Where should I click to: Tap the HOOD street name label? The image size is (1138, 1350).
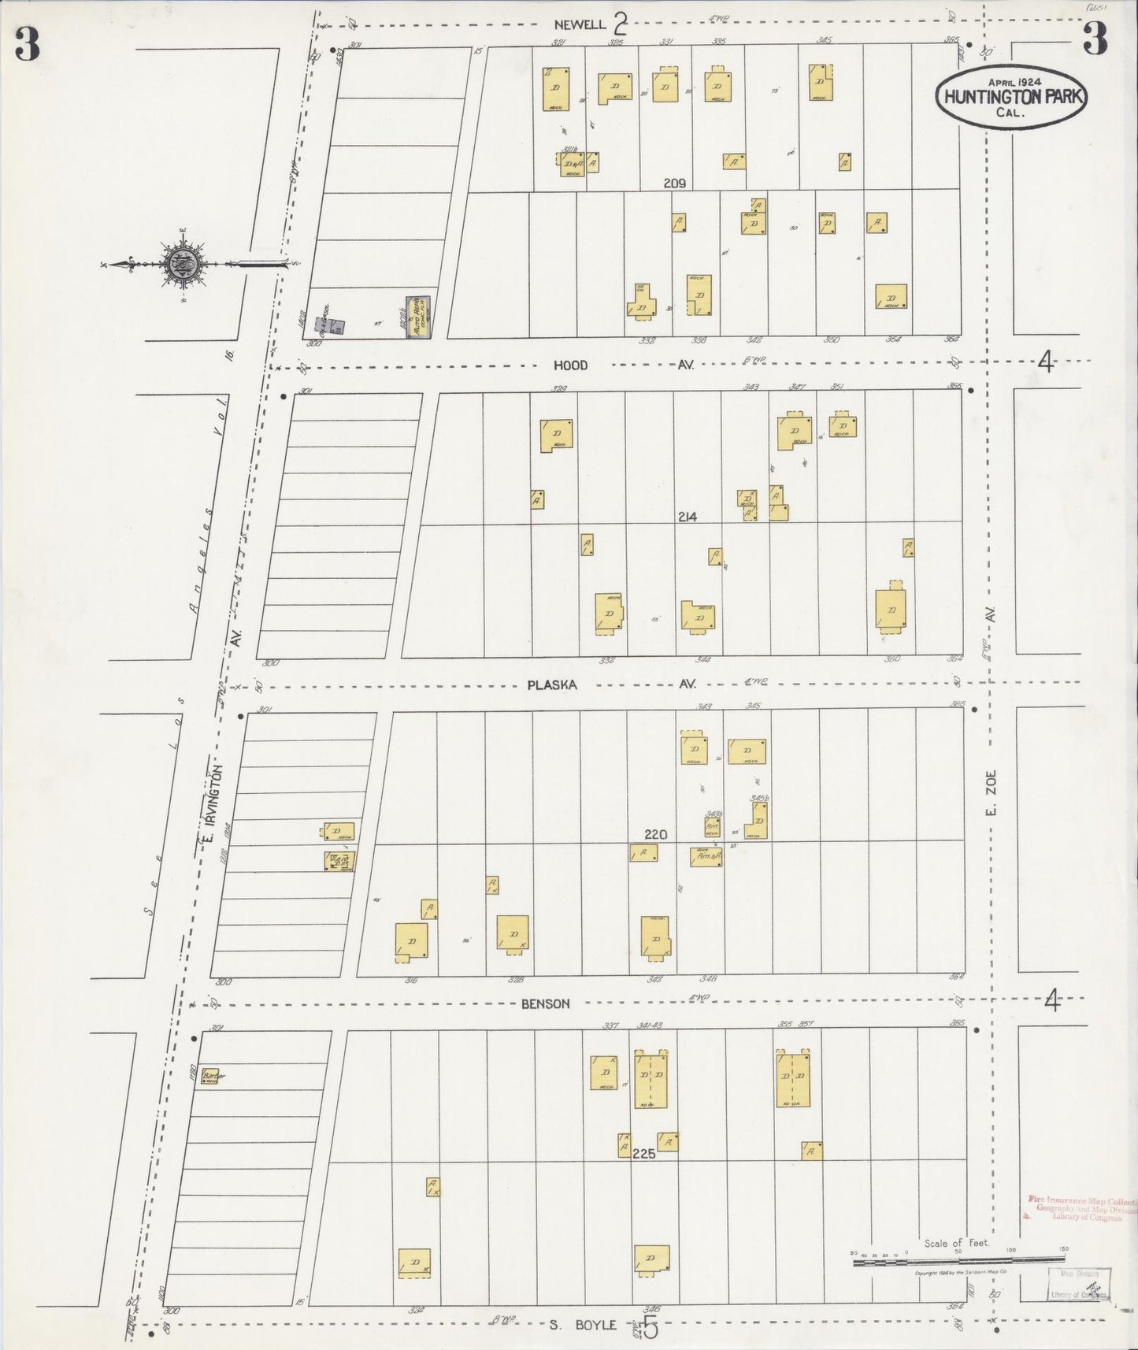tap(571, 365)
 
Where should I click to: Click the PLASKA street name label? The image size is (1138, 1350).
tap(552, 685)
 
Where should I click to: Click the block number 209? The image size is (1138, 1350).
tap(674, 183)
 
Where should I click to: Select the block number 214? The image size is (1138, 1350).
tap(687, 517)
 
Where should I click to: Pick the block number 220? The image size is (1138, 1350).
tap(655, 835)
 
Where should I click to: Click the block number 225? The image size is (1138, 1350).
tap(643, 1155)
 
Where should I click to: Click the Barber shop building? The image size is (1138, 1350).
tap(209, 1077)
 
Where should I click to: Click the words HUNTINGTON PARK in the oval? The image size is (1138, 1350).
tap(1010, 97)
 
